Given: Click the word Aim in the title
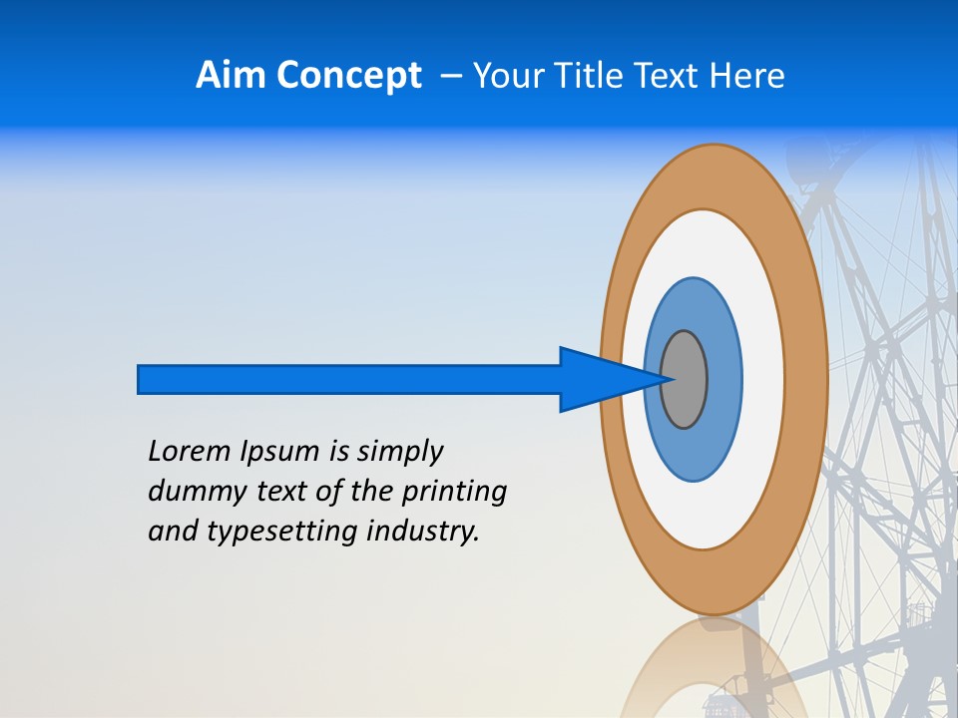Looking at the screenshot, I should (231, 76).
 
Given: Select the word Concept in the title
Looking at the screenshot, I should (347, 76).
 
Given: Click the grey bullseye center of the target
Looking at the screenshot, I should (685, 380).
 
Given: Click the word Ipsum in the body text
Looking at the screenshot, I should (279, 453).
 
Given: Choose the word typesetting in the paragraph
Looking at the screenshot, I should (282, 532).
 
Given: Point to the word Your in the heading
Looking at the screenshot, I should (506, 76).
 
